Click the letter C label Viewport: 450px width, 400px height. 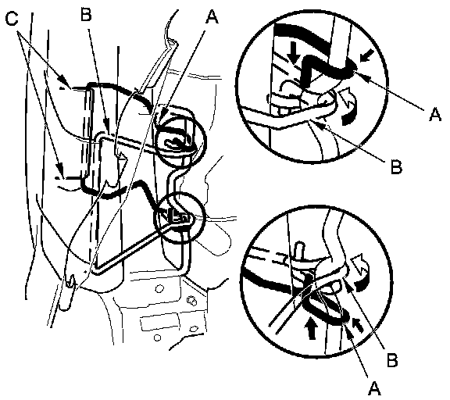(12, 20)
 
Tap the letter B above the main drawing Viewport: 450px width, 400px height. (86, 14)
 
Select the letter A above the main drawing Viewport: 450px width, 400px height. (212, 17)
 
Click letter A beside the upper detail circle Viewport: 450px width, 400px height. (435, 114)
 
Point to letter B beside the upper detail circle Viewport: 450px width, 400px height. (397, 166)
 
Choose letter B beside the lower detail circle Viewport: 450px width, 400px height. (392, 360)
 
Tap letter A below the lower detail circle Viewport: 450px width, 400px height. (374, 388)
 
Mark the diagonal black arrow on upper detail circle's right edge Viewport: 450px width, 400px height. (366, 55)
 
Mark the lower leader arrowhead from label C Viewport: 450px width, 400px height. (59, 167)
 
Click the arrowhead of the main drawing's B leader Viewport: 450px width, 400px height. (107, 127)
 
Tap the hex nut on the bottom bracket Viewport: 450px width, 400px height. (191, 301)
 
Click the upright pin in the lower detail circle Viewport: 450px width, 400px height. (298, 251)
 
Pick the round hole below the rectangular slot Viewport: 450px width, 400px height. (157, 337)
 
